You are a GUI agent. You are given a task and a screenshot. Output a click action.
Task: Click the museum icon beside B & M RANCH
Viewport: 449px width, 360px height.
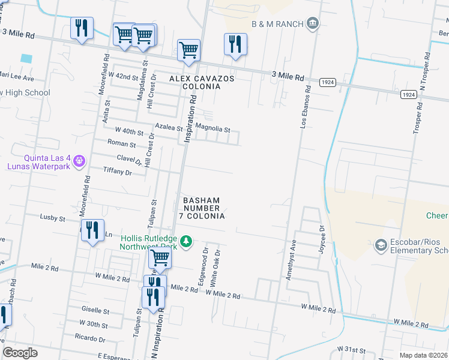pos(312,23)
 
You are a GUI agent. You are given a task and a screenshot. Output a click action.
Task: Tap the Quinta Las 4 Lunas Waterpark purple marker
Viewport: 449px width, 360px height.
pos(79,161)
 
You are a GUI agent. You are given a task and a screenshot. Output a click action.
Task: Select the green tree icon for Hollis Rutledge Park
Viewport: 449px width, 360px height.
pos(187,241)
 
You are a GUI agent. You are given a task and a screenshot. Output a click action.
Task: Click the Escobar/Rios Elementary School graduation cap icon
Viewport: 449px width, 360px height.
pos(380,245)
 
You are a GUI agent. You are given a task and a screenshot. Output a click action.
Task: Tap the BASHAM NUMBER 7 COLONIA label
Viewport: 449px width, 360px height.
pos(202,208)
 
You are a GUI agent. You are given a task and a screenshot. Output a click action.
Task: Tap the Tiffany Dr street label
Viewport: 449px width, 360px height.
pos(117,172)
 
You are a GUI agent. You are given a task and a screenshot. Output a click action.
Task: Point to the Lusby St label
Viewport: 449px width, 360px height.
pos(52,218)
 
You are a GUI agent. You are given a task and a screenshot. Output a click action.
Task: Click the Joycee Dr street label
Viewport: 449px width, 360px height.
pos(322,239)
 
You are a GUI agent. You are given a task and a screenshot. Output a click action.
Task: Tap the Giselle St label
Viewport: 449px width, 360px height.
pos(95,311)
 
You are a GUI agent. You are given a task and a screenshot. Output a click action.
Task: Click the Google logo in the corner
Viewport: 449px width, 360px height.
pos(20,352)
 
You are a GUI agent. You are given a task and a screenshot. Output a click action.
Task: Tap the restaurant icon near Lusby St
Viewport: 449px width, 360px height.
pos(92,231)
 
